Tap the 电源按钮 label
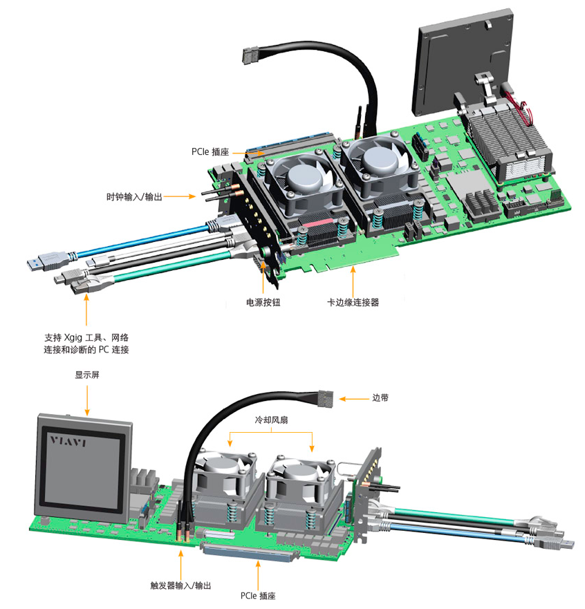(263, 302)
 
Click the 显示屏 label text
(87, 377)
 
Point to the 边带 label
(381, 397)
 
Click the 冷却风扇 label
(272, 420)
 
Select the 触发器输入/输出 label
(180, 585)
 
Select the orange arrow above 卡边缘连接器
(353, 280)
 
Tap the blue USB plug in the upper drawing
(38, 263)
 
